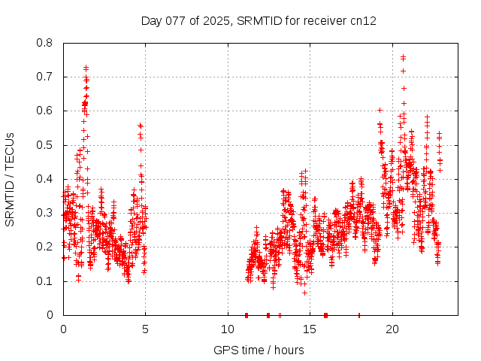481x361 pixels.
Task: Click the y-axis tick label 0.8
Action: (46, 43)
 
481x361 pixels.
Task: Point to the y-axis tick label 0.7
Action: (46, 77)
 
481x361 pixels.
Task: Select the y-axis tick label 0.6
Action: (46, 111)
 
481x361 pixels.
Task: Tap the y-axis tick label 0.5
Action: (46, 144)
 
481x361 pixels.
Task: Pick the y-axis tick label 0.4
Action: (46, 179)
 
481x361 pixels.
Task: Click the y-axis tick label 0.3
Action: (46, 213)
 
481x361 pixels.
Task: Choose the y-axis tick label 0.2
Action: (46, 247)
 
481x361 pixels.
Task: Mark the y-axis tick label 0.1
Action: (46, 281)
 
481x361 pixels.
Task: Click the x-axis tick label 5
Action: (145, 329)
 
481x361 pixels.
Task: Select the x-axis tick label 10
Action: (228, 329)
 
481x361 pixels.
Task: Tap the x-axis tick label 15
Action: (310, 329)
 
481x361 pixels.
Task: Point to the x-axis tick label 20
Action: (392, 329)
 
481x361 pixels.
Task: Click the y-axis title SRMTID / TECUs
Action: (11, 179)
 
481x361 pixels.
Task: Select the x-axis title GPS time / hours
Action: (259, 350)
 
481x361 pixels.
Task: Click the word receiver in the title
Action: (325, 20)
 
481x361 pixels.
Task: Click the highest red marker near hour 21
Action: (403, 56)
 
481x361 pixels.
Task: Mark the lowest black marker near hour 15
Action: (304, 292)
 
